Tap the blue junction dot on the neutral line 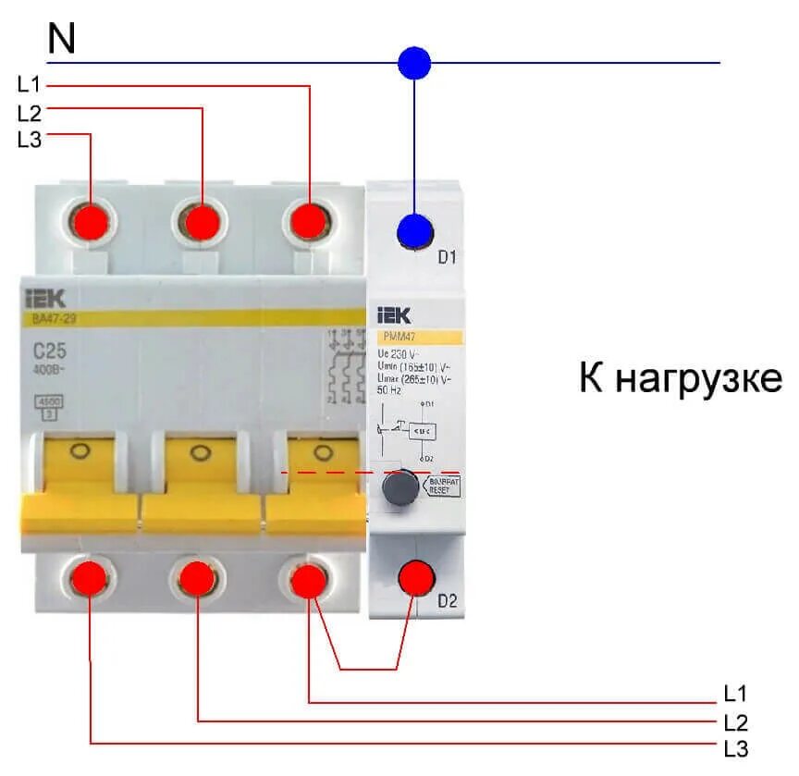[x=414, y=63]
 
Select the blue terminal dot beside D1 [x=415, y=230]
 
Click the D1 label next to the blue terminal [x=448, y=257]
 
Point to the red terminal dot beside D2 [x=416, y=578]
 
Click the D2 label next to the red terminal [x=448, y=602]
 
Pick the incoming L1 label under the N [x=30, y=85]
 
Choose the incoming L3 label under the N [x=30, y=140]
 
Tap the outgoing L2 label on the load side [x=735, y=721]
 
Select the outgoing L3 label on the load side [x=735, y=748]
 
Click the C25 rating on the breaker [x=54, y=351]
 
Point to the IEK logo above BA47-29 [x=53, y=298]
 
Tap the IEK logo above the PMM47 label [x=392, y=316]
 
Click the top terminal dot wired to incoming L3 [x=92, y=223]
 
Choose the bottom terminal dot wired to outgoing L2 [x=197, y=579]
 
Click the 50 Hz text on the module [x=389, y=390]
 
